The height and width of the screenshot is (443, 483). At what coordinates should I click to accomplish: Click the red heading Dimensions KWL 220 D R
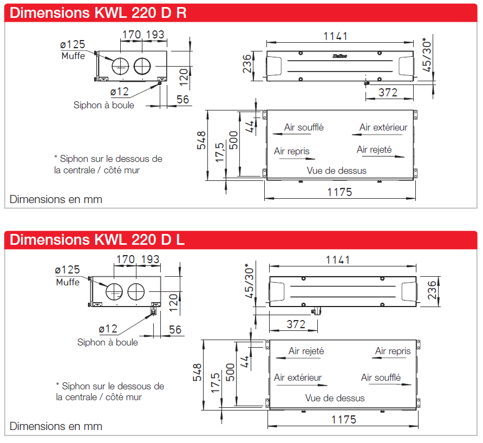coord(98,13)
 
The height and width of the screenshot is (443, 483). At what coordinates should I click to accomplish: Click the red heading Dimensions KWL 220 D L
coord(97,240)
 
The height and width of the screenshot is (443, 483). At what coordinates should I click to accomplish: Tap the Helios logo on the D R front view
coord(340,56)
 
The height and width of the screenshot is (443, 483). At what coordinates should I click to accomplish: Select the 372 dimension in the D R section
coord(388,93)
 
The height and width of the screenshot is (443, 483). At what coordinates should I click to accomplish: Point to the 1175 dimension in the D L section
coord(344,420)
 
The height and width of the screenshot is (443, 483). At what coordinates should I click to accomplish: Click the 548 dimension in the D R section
coord(201,140)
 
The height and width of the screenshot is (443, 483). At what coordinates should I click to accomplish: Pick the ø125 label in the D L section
coord(68,270)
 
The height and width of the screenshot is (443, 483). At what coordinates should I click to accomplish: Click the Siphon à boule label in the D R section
coord(104,105)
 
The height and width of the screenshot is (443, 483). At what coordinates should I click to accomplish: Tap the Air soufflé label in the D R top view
coord(304,127)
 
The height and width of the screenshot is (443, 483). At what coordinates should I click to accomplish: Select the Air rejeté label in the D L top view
coord(306,351)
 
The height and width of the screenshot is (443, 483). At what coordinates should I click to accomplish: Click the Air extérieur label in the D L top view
coord(298,377)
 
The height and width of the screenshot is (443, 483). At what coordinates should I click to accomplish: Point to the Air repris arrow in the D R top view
coord(297,159)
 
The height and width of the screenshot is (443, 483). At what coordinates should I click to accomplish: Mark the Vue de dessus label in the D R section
coord(337,171)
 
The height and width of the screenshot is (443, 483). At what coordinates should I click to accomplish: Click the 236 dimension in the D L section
coord(432,290)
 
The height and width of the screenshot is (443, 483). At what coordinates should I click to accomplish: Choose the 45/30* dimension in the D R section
coord(427,55)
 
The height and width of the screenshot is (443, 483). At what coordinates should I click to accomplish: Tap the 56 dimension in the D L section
coord(175,330)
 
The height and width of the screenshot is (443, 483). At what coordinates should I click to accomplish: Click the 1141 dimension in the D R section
coord(336,36)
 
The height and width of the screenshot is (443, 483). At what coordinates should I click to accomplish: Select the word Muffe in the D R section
coord(73,56)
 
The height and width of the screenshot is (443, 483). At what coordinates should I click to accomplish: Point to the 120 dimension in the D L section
coord(174,303)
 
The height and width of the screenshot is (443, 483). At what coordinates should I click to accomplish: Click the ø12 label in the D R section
coord(120,92)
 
